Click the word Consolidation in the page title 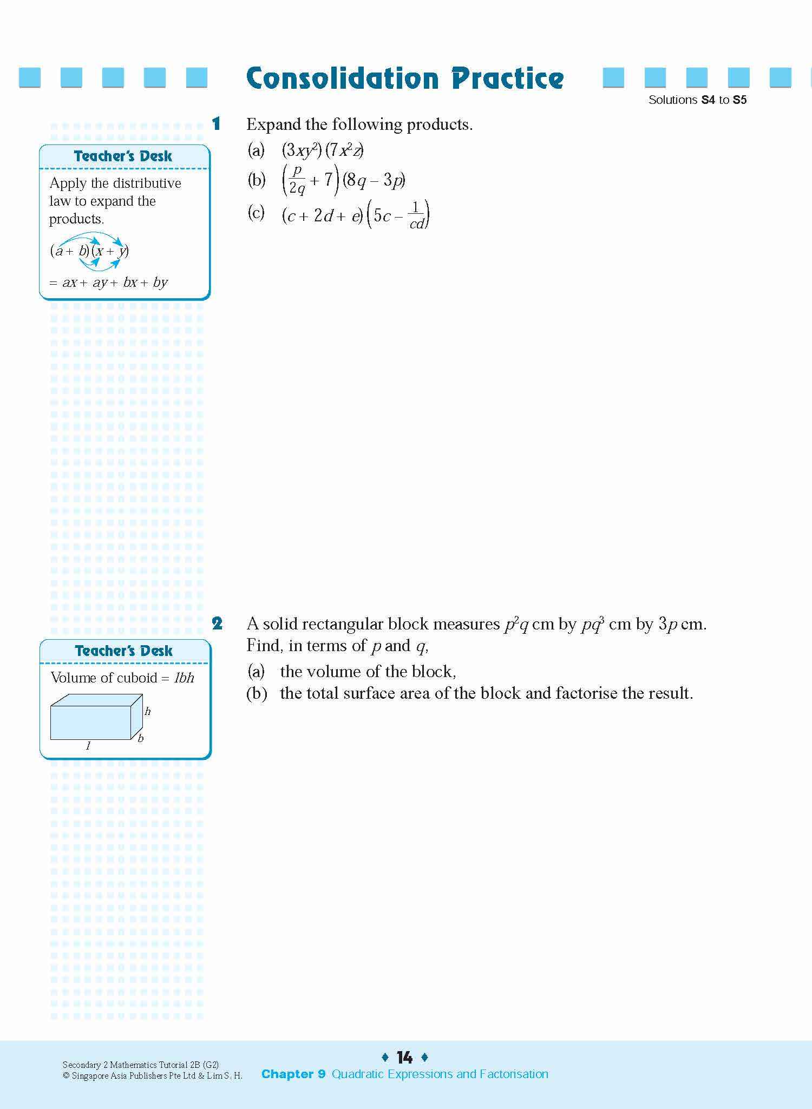(342, 78)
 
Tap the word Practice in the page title (507, 78)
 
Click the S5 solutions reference (739, 100)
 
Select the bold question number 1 (216, 124)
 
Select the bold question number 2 (217, 624)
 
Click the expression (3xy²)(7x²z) (323, 150)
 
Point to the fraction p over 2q (297, 180)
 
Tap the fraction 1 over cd (416, 215)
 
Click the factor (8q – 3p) (374, 180)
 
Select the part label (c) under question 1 (256, 212)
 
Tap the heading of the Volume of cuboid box (123, 651)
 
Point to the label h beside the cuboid (148, 712)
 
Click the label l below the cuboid (88, 746)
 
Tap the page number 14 (404, 1057)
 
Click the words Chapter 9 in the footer (293, 1074)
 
